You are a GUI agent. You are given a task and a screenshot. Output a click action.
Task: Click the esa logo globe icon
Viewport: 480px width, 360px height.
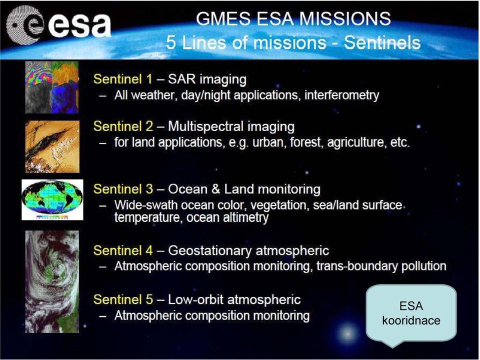[x=25, y=25]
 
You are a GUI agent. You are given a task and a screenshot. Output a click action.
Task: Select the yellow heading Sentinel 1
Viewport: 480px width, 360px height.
[x=123, y=79]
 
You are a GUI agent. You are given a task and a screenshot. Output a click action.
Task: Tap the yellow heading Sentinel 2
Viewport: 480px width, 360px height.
[x=123, y=126]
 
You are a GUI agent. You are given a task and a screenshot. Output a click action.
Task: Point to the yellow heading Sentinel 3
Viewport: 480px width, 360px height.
[x=123, y=189]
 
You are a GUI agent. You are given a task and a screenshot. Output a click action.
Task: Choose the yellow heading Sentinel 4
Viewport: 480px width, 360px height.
[x=123, y=250]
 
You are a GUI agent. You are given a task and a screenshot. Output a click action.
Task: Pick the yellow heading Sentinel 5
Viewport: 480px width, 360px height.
[x=123, y=299]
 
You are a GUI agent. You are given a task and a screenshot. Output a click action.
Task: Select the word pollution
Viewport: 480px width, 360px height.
[x=423, y=266]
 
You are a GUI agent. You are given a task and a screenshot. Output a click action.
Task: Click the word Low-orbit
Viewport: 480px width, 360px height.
[x=195, y=299]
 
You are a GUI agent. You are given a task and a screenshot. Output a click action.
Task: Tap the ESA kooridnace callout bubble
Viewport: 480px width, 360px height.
[x=411, y=313]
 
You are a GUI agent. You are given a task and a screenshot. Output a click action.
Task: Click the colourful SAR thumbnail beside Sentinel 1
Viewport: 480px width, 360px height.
[x=52, y=87]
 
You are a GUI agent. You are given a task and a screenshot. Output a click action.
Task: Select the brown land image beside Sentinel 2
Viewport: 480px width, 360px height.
[x=52, y=146]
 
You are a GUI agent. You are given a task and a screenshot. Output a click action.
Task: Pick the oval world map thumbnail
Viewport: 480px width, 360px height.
[x=52, y=199]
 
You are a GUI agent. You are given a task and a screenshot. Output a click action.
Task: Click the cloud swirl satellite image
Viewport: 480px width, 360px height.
[x=52, y=281]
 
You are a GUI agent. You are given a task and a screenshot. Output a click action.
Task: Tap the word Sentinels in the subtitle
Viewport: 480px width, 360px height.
[x=382, y=42]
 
